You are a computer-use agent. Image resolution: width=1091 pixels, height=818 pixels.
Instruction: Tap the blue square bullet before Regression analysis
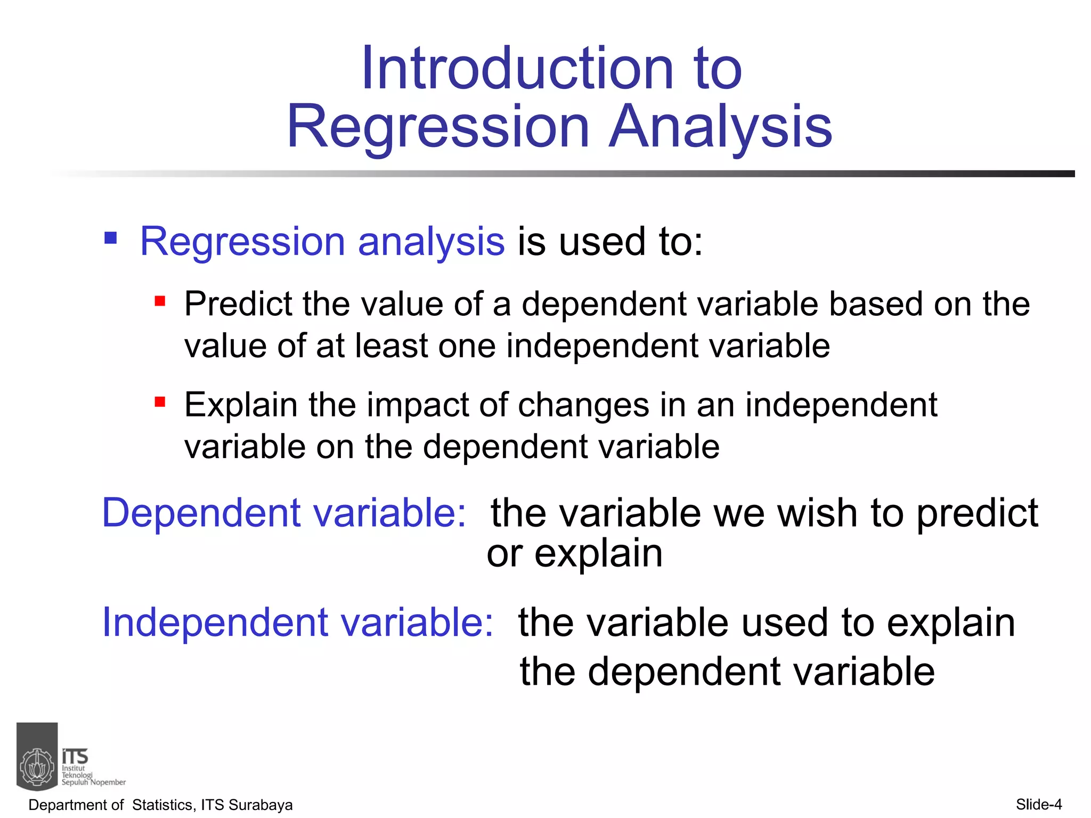tap(110, 238)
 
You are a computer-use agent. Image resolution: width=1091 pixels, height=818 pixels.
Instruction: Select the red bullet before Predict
tap(160, 302)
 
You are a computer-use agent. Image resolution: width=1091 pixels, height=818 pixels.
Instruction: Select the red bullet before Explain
tap(160, 402)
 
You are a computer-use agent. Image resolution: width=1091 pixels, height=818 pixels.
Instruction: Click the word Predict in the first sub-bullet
tap(238, 305)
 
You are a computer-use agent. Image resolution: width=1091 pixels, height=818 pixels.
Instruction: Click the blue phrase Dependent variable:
tap(284, 513)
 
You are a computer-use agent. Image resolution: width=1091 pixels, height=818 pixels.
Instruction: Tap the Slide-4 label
tap(1038, 804)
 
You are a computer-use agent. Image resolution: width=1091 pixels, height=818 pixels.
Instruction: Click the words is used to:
tap(610, 242)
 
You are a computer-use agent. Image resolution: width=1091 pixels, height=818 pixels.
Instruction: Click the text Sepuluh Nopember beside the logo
tap(94, 782)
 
